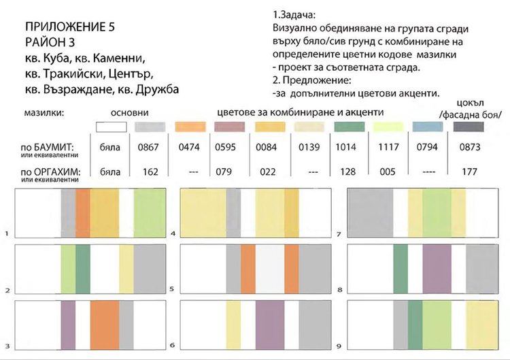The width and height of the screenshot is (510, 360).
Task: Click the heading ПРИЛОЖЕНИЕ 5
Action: pos(70,28)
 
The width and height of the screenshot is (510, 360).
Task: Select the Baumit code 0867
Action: pos(147,146)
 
